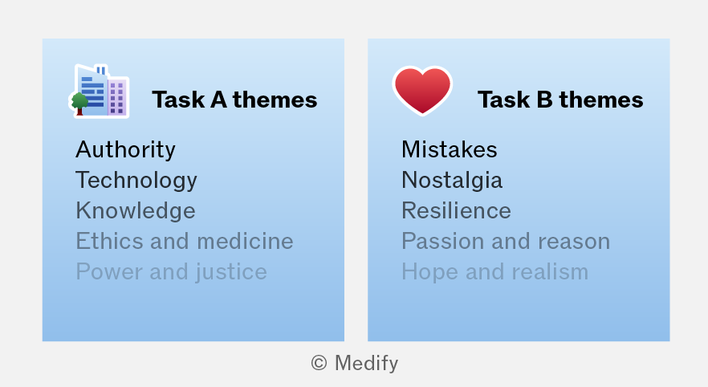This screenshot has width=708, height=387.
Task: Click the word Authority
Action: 125,150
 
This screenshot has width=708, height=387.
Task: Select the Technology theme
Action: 136,181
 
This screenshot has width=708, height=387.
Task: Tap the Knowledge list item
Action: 136,211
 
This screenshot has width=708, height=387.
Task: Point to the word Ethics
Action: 110,241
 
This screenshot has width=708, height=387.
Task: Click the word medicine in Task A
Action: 245,241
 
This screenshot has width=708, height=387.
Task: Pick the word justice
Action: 231,273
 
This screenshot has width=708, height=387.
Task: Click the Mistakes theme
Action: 450,149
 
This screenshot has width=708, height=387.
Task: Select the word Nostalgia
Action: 452,181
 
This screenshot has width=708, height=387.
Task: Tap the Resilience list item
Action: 456,210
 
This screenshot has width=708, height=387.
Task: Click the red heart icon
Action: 422,90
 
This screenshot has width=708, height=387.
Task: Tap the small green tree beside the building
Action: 79,104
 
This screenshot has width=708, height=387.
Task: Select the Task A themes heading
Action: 234,100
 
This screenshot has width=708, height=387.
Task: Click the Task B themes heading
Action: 560,100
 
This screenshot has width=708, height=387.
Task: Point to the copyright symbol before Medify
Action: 319,363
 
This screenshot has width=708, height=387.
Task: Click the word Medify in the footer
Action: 366,364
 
